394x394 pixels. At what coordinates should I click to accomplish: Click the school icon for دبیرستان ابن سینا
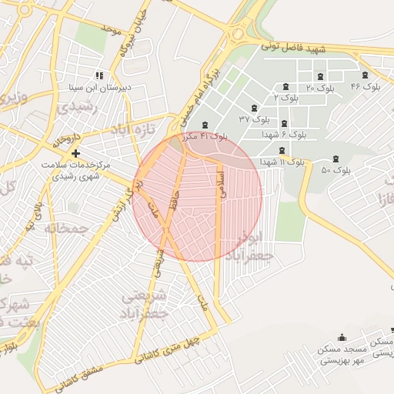pyautogui.click(x=98, y=75)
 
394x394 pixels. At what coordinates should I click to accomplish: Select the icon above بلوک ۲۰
pyautogui.click(x=321, y=75)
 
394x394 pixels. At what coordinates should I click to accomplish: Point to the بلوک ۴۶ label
pyautogui.click(x=365, y=86)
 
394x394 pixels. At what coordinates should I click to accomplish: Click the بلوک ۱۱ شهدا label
pyautogui.click(x=282, y=162)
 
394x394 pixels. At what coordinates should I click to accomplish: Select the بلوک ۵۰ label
pyautogui.click(x=336, y=169)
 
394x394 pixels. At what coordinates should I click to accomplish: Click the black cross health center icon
pyautogui.click(x=75, y=153)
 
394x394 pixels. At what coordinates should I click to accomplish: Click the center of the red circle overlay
pyautogui.click(x=198, y=197)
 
